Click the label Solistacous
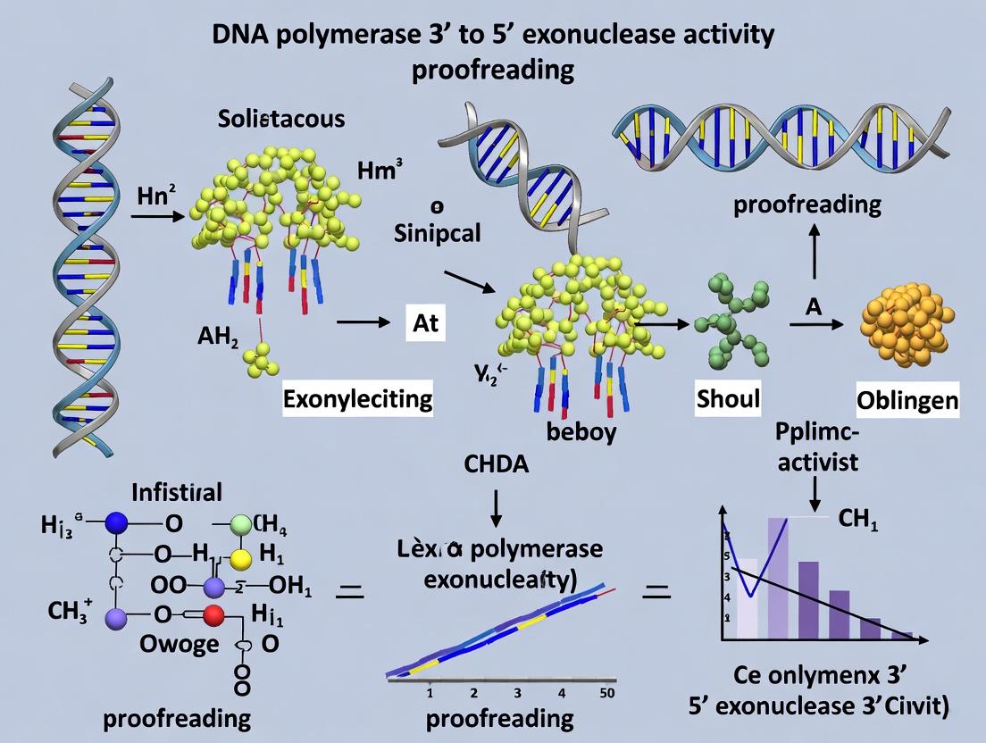point(281,119)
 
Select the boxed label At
point(426,323)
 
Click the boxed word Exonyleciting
point(357,398)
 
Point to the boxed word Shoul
point(728,398)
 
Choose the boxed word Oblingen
point(907,401)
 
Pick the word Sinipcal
point(439,234)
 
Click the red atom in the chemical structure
point(213,614)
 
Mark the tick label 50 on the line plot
point(607,693)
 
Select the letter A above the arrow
point(813,306)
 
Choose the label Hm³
point(375,171)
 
